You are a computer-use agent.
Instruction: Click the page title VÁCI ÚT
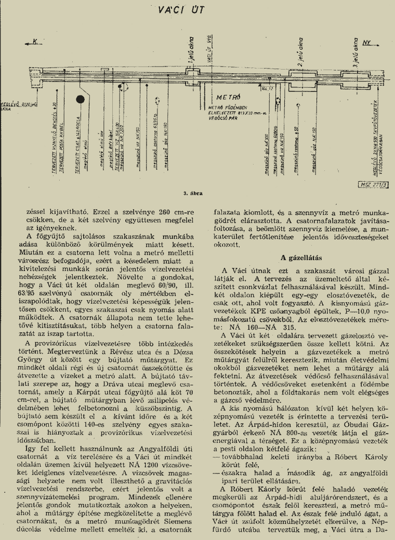click(197, 10)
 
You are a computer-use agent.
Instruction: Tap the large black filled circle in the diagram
click(81, 99)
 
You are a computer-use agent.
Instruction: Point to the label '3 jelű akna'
click(356, 49)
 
